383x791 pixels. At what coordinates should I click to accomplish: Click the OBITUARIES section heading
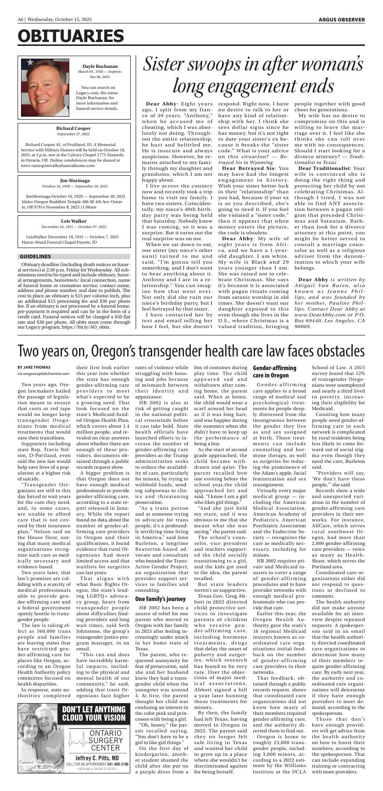coord(71,36)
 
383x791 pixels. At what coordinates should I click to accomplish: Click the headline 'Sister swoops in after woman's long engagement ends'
coord(254,75)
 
